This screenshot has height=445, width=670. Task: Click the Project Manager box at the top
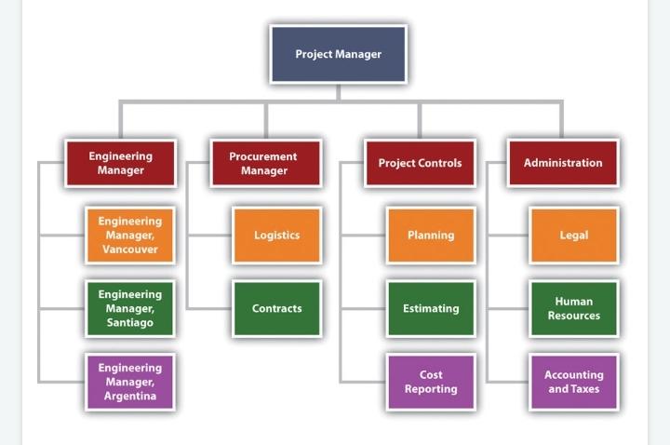point(338,54)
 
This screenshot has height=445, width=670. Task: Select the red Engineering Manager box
point(120,163)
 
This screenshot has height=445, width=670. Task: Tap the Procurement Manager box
point(264,163)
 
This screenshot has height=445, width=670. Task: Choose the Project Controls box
point(420,163)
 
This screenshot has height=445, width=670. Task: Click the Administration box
point(562,163)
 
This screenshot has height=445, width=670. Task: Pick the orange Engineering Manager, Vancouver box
point(129,236)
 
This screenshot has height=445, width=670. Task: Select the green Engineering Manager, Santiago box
point(129,308)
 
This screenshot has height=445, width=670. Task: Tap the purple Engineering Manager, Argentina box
point(129,382)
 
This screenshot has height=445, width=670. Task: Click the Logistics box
point(276,236)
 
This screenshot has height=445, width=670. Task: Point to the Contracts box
point(276,308)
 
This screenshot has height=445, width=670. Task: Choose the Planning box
point(431,236)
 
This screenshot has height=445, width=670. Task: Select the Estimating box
point(431,308)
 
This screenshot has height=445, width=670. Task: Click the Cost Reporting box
point(431,382)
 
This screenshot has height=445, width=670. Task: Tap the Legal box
point(573,236)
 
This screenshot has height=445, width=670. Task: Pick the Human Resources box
point(573,308)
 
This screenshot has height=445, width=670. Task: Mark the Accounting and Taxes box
point(573,382)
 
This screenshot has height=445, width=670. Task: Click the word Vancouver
point(130,249)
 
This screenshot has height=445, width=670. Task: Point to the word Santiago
point(129,323)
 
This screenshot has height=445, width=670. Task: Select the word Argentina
point(129,397)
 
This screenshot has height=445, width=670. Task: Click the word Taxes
point(585,389)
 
